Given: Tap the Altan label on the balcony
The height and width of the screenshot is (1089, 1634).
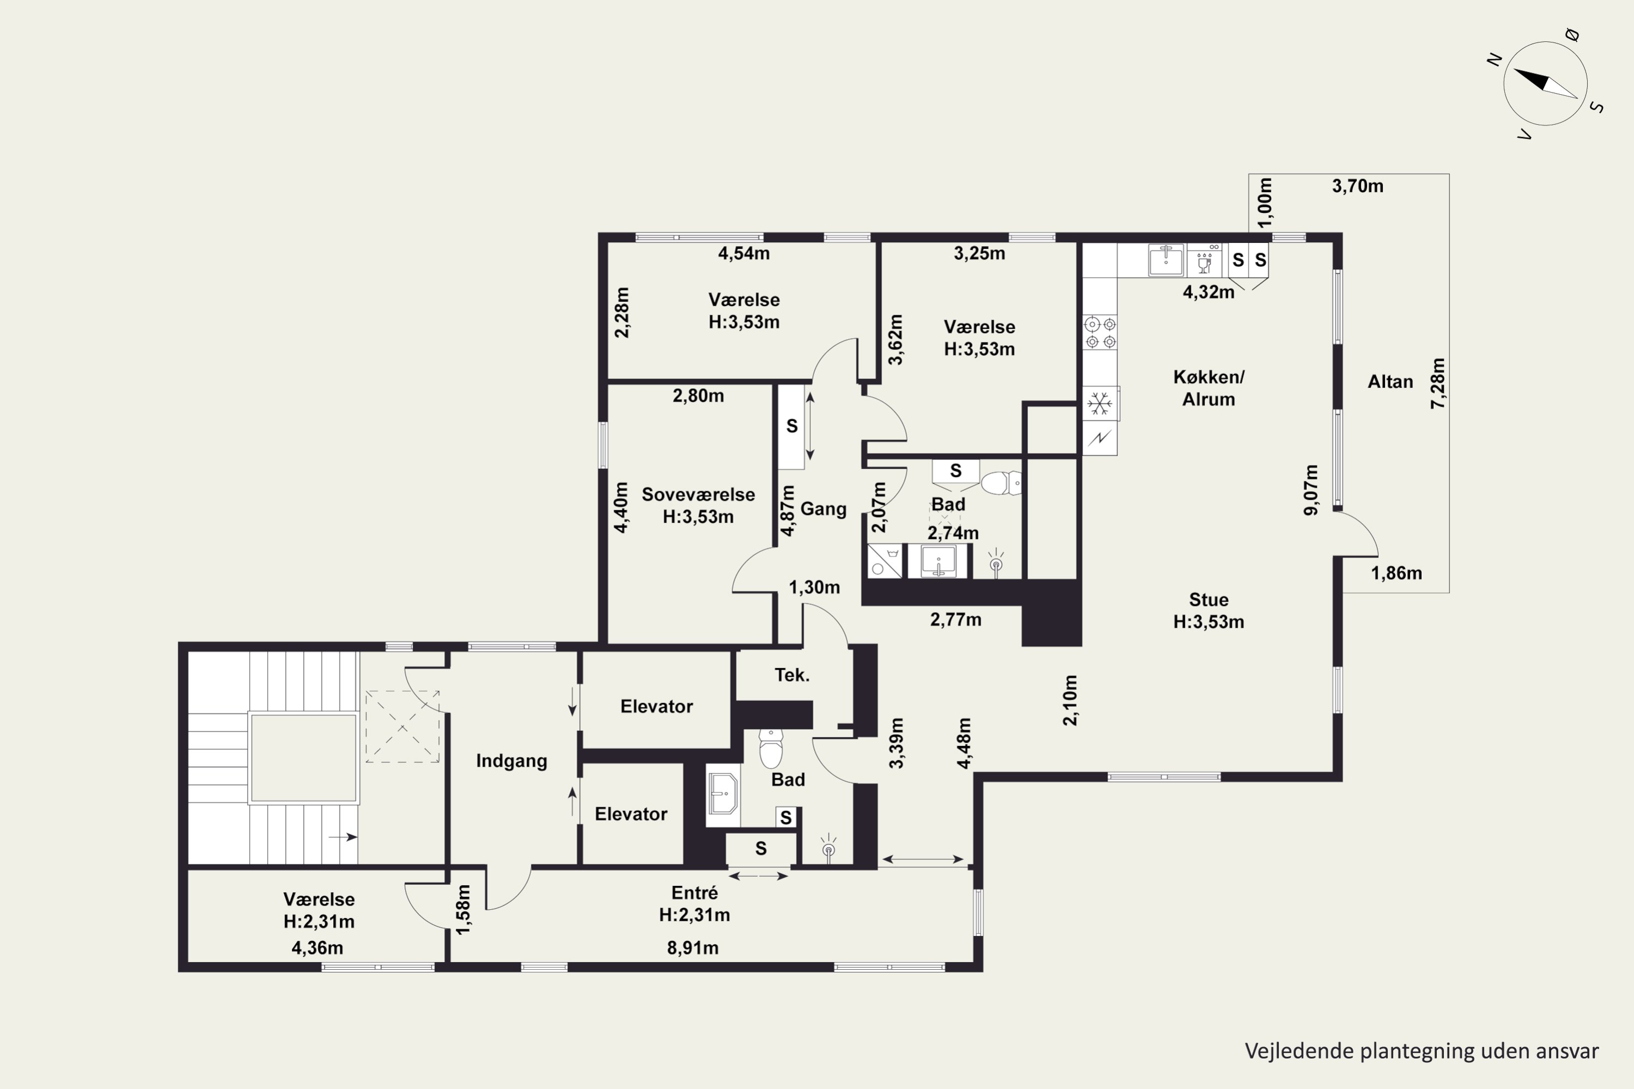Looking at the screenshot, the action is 1390,381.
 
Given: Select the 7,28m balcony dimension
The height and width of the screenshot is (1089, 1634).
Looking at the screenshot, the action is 1437,383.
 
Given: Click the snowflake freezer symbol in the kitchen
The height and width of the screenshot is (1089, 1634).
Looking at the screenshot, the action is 1099,403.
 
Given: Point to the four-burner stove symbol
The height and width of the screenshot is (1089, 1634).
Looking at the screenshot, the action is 1100,333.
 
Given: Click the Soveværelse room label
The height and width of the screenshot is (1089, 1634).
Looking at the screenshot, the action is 698,494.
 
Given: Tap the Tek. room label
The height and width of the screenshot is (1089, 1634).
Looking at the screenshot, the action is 792,675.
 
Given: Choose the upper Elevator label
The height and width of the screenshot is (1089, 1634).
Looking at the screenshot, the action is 656,706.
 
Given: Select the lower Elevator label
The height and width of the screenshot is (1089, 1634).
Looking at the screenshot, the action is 631,814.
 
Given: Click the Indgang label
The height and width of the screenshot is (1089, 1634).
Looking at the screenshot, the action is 511,761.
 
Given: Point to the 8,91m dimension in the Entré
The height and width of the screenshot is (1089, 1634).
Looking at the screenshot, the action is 693,948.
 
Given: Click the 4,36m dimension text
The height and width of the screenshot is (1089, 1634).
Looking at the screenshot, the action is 317,948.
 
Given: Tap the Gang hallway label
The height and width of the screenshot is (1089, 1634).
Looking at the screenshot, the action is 823,509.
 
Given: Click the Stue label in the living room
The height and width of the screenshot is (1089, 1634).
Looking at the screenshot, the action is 1209,599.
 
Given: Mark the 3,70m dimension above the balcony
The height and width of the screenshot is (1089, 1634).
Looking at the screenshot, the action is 1357,186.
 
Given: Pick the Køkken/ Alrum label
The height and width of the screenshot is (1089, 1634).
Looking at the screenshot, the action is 1209,388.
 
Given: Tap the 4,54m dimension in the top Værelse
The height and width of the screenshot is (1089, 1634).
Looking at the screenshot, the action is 743,254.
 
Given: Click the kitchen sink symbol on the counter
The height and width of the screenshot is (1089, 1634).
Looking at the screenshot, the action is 1166,260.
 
